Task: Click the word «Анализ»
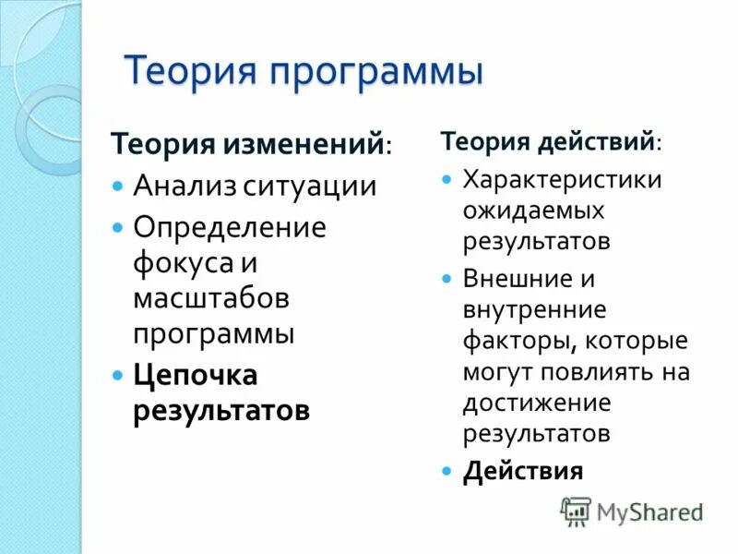point(183,187)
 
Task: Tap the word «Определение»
point(230,227)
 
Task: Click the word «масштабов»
point(211,297)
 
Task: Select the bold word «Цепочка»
point(196,375)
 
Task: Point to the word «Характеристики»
point(562,178)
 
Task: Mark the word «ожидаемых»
point(533,211)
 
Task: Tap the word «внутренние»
point(534,308)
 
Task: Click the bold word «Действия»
point(523,471)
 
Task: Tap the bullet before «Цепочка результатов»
point(117,376)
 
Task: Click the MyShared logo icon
point(576,511)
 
